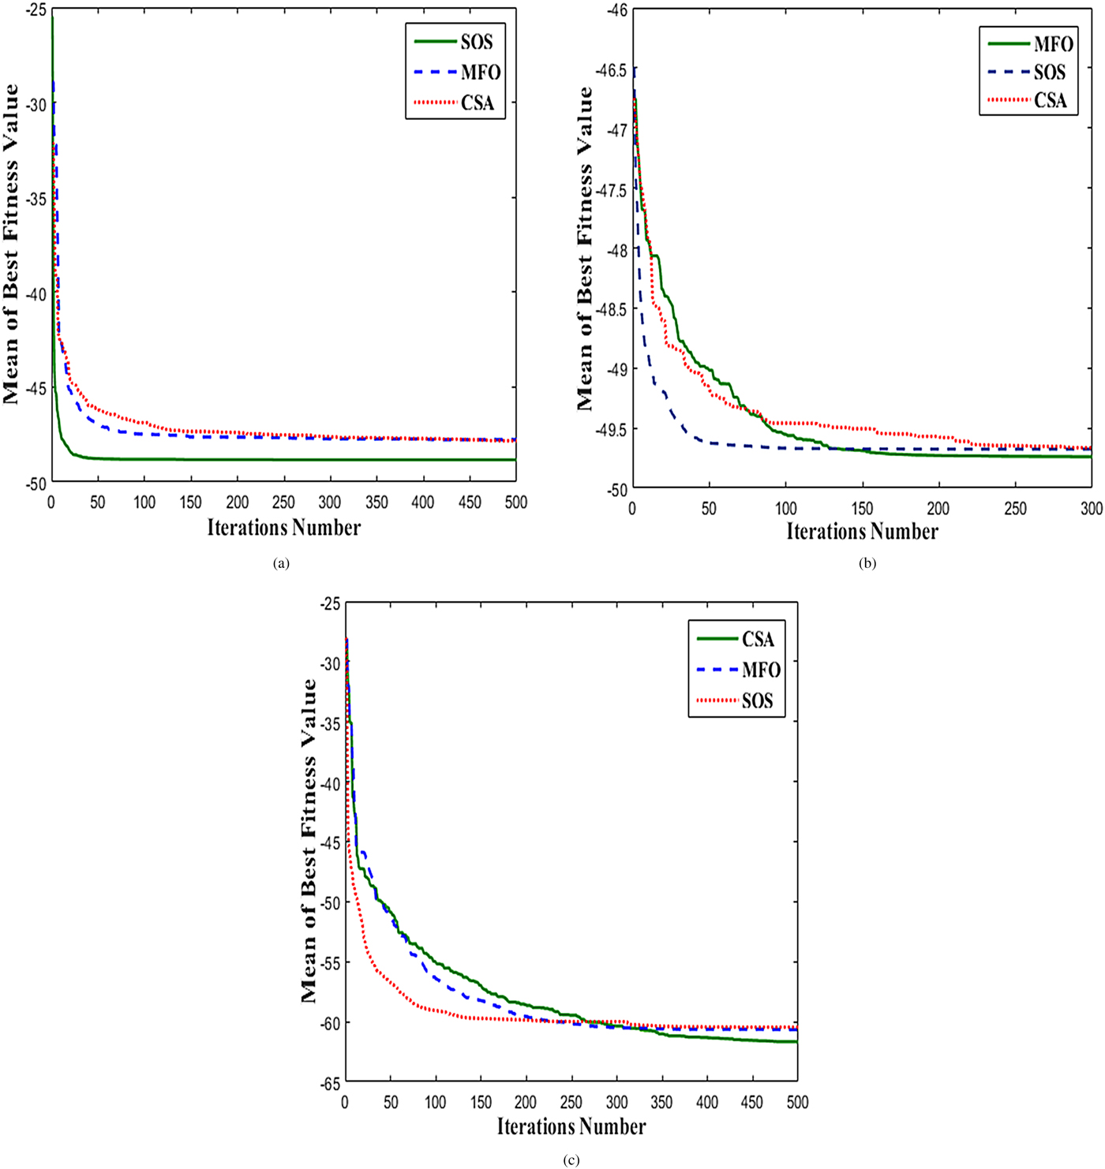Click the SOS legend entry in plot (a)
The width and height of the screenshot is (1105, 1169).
coord(455,42)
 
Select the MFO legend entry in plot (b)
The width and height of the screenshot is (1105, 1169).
coord(1029,43)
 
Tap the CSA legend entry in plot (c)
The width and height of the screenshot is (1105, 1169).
coord(736,639)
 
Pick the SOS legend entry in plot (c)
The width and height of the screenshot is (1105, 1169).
coord(736,700)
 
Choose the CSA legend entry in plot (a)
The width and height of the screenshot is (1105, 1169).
coord(455,103)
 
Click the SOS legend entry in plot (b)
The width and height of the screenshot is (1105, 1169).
coord(1029,72)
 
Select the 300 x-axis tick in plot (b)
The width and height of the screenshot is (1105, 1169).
coord(1092,509)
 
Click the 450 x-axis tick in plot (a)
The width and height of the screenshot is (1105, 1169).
coord(470,502)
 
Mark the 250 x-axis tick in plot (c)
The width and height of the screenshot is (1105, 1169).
coord(571,1102)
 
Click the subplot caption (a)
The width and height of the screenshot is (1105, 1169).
coord(280,563)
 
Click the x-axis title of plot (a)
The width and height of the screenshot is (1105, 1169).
coord(283,528)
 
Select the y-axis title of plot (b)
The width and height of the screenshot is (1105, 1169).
coord(585,248)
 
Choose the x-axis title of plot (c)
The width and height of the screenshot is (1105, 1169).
coord(571,1126)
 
